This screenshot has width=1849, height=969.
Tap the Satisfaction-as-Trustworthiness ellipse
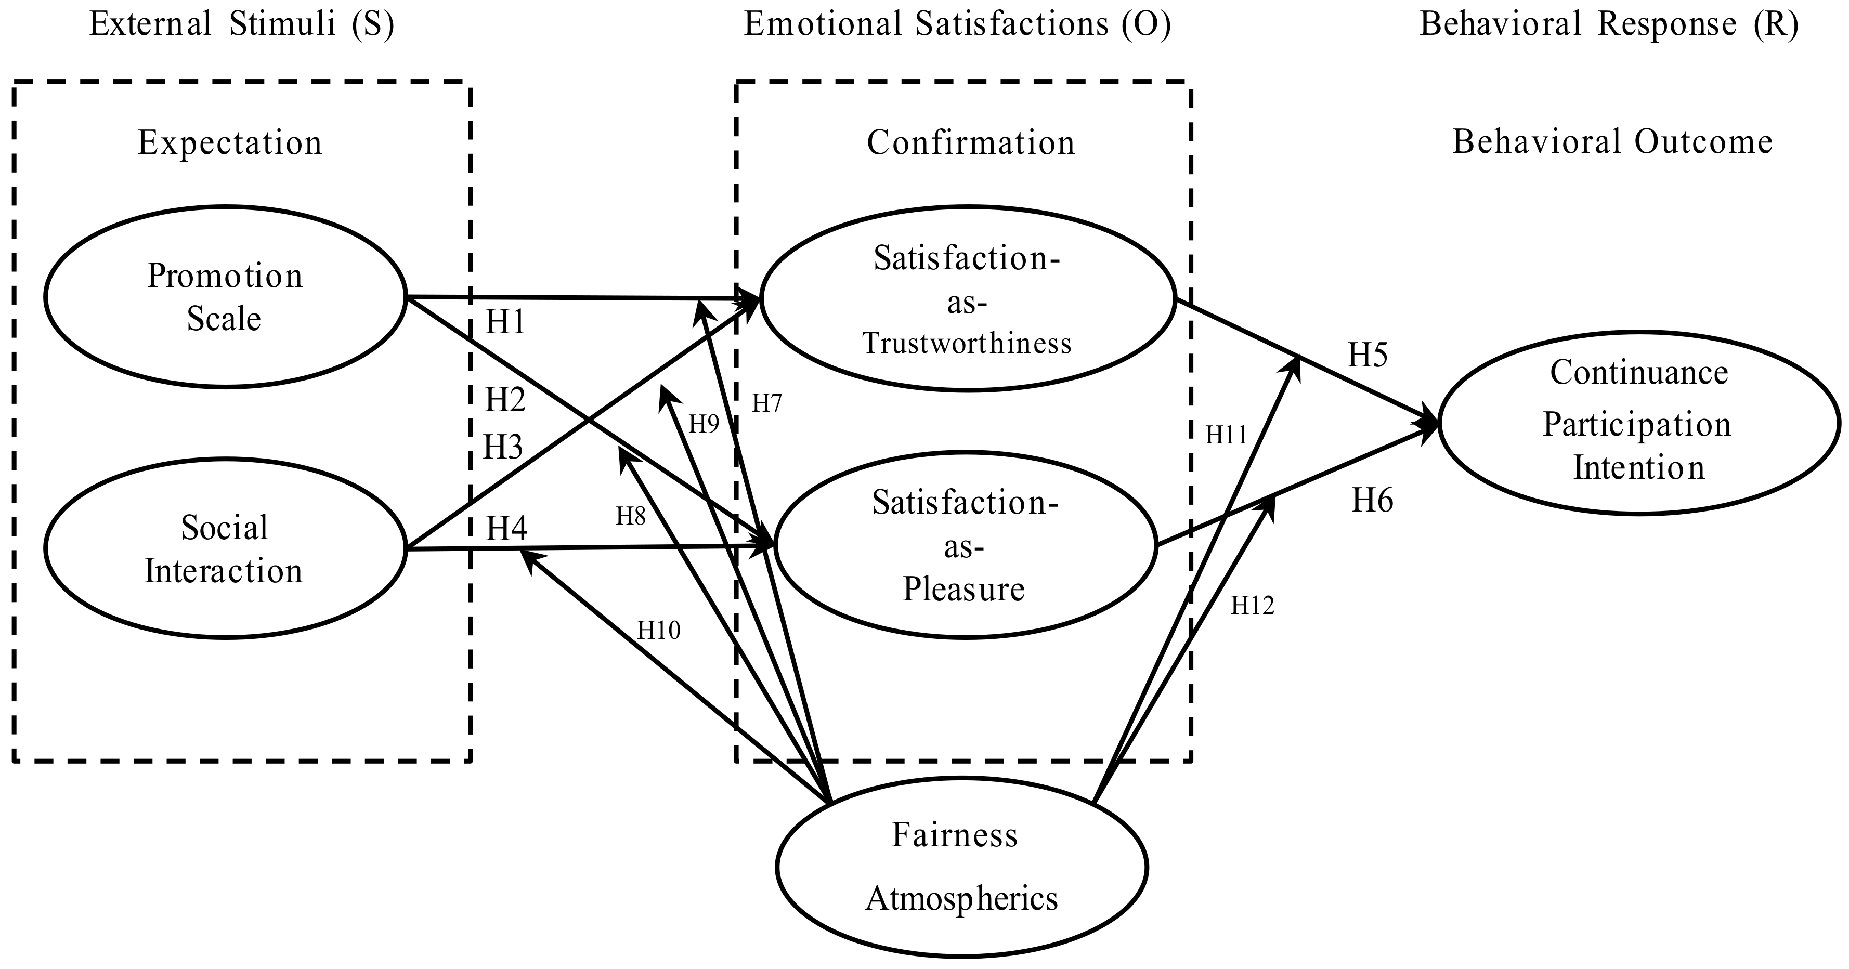tap(967, 300)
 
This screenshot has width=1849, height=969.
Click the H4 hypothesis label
tap(507, 530)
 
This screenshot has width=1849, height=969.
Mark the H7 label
tap(766, 404)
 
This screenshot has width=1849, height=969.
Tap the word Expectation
tap(230, 143)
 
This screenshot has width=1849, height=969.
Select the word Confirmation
tap(970, 143)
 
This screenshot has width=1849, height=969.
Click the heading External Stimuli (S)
tap(242, 24)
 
